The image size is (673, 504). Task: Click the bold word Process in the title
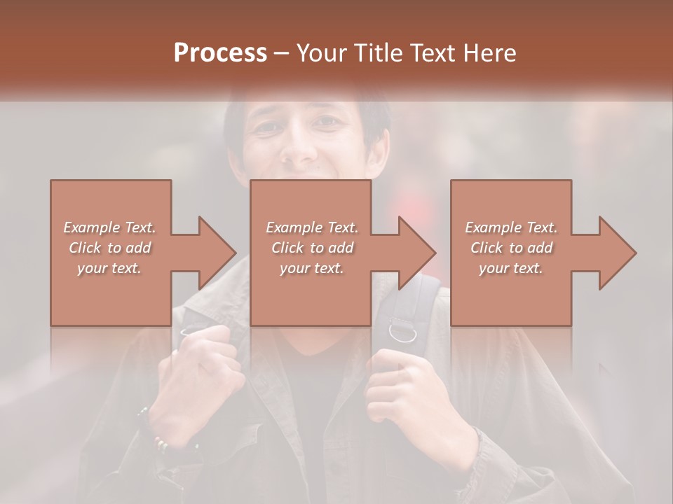[x=220, y=53]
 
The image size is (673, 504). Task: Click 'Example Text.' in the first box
[x=110, y=227]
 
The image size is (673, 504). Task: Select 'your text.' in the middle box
[x=311, y=268]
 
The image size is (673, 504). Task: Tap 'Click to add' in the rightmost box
[x=511, y=248]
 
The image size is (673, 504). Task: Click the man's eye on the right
[x=327, y=122]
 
